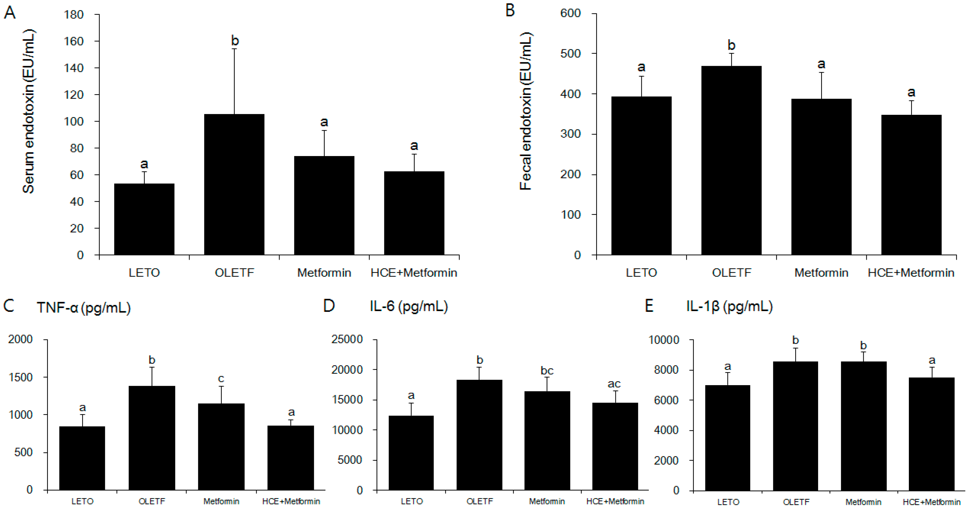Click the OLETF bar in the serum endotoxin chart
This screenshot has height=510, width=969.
tap(234, 184)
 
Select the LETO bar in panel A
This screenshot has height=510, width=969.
tap(144, 219)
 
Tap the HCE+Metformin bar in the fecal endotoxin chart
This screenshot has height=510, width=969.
tap(911, 184)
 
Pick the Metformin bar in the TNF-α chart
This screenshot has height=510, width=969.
tap(221, 446)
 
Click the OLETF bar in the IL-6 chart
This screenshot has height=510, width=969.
tap(479, 435)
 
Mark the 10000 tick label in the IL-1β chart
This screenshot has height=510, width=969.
tap(664, 340)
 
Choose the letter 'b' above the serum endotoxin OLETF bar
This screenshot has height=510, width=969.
tap(235, 40)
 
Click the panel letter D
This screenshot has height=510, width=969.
tap(329, 306)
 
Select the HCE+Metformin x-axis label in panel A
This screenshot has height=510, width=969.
tap(414, 273)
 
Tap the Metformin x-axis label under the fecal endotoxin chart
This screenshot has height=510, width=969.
tap(821, 273)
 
